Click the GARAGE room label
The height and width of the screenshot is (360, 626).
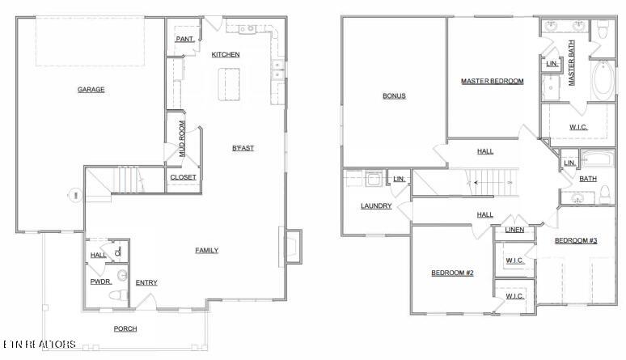pos(91,90)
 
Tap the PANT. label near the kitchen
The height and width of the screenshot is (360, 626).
pos(184,38)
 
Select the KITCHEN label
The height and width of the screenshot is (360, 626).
pos(226,55)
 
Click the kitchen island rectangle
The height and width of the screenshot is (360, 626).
pos(231,83)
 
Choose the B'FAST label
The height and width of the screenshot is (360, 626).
pos(243,148)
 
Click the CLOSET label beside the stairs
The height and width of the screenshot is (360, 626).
pos(183,177)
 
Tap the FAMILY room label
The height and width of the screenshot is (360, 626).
pos(206,251)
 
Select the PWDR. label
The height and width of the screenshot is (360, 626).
pos(100,282)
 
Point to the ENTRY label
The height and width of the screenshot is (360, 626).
pos(146,282)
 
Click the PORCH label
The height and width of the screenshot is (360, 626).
pos(125,328)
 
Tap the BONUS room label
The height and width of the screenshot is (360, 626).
pos(394,96)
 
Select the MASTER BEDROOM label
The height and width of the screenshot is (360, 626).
pos(492,81)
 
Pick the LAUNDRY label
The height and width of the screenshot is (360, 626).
pos(376,206)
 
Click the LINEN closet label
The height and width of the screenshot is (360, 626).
pos(514,230)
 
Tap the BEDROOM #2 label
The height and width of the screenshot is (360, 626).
pos(451,273)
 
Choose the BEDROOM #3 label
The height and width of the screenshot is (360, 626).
pos(575,241)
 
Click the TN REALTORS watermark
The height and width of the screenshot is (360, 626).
pos(39,345)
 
